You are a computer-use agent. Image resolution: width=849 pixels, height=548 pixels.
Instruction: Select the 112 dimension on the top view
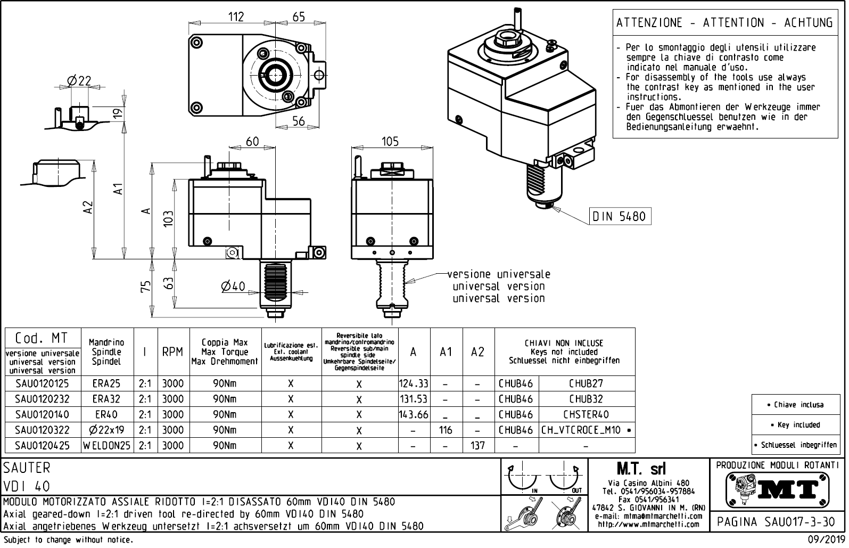pyautogui.click(x=236, y=17)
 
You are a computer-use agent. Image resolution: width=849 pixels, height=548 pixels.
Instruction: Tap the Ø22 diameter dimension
pyautogui.click(x=79, y=81)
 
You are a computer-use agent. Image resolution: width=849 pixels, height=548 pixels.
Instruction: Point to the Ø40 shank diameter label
pyautogui.click(x=233, y=287)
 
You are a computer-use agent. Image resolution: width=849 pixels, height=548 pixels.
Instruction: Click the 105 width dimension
pyautogui.click(x=390, y=142)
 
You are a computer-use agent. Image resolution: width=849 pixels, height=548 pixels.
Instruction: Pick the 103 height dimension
pyautogui.click(x=169, y=219)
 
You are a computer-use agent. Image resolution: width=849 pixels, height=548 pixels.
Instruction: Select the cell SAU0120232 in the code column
pyautogui.click(x=42, y=399)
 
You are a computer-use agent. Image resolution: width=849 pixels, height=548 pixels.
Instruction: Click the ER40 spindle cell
pyautogui.click(x=107, y=414)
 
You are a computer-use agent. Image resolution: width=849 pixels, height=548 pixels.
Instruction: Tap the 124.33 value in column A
pyautogui.click(x=414, y=383)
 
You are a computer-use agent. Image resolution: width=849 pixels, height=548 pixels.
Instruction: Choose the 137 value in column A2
pyautogui.click(x=478, y=445)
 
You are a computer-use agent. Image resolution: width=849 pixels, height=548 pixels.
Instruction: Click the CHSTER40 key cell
pyautogui.click(x=586, y=414)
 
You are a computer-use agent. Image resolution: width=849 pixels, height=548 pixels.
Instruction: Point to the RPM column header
pyautogui.click(x=172, y=352)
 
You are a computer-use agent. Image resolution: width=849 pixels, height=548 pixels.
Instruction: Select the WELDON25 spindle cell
pyautogui.click(x=107, y=445)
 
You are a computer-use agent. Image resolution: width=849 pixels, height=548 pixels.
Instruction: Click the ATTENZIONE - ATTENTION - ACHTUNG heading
pyautogui.click(x=724, y=23)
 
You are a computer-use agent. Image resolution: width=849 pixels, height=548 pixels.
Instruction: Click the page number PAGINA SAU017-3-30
pyautogui.click(x=777, y=522)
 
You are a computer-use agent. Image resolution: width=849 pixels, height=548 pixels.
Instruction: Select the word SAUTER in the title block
pyautogui.click(x=27, y=468)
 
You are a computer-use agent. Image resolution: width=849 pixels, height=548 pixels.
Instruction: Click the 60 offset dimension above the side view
pyautogui.click(x=252, y=142)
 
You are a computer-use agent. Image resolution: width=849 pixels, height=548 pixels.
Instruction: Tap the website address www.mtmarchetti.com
pyautogui.click(x=648, y=524)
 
